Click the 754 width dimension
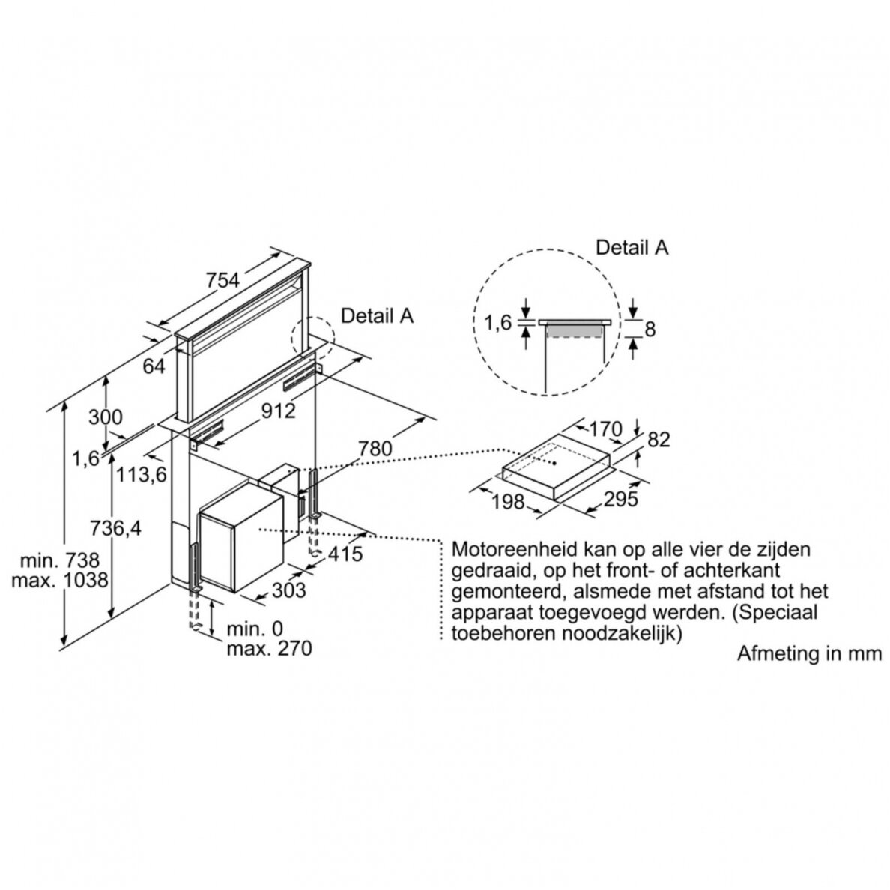coord(222,280)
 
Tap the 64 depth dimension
coord(154,366)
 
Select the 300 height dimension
coord(105,417)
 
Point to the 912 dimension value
coord(279,411)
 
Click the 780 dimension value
coord(375,449)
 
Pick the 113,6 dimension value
coord(142,474)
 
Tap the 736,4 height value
coord(116,528)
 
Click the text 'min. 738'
coord(60,561)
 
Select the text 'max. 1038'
coord(60,581)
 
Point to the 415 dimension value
coord(345,554)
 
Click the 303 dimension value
coord(289,590)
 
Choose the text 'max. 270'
coord(269,648)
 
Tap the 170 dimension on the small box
coord(605,429)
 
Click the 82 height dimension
coord(659,439)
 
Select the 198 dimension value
coord(508,502)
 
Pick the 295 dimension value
coord(620,500)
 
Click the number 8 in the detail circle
coord(650,329)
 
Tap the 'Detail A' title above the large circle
coord(632,247)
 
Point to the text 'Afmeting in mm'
coord(809,653)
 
